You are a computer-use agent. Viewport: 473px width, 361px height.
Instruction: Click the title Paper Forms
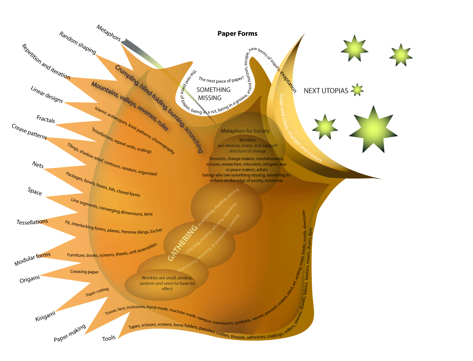[x=237, y=34]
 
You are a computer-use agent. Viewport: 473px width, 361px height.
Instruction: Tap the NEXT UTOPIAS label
[x=326, y=91]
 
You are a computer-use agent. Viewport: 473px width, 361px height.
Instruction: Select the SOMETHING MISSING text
[x=213, y=94]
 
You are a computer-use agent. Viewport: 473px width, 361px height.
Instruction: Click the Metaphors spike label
[x=109, y=33]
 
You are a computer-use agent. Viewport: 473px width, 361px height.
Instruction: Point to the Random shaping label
[x=78, y=42]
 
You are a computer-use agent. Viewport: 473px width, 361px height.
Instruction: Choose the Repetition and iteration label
[x=46, y=62]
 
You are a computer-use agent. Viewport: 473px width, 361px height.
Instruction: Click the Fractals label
[x=46, y=119]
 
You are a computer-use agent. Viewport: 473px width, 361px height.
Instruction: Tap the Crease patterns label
[x=30, y=132]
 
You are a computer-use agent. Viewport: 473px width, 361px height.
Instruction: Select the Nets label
[x=38, y=165]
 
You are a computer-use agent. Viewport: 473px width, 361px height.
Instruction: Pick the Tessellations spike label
[x=32, y=222]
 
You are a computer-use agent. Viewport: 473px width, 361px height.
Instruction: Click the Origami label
[x=30, y=279]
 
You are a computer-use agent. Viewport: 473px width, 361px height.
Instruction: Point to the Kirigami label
[x=45, y=316]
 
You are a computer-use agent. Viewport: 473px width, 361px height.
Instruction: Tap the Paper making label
[x=70, y=333]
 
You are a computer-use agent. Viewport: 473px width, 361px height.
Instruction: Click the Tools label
[x=109, y=338]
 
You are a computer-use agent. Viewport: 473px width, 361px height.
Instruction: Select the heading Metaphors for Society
[x=245, y=131]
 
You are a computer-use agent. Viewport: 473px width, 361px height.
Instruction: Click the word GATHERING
[x=182, y=243]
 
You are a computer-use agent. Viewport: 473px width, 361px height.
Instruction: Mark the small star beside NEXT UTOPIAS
[x=357, y=90]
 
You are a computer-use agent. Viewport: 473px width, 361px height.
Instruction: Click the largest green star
[x=373, y=130]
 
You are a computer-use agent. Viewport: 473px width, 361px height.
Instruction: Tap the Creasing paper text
[x=84, y=272]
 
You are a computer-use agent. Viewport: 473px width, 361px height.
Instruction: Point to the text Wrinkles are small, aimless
[x=167, y=278]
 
